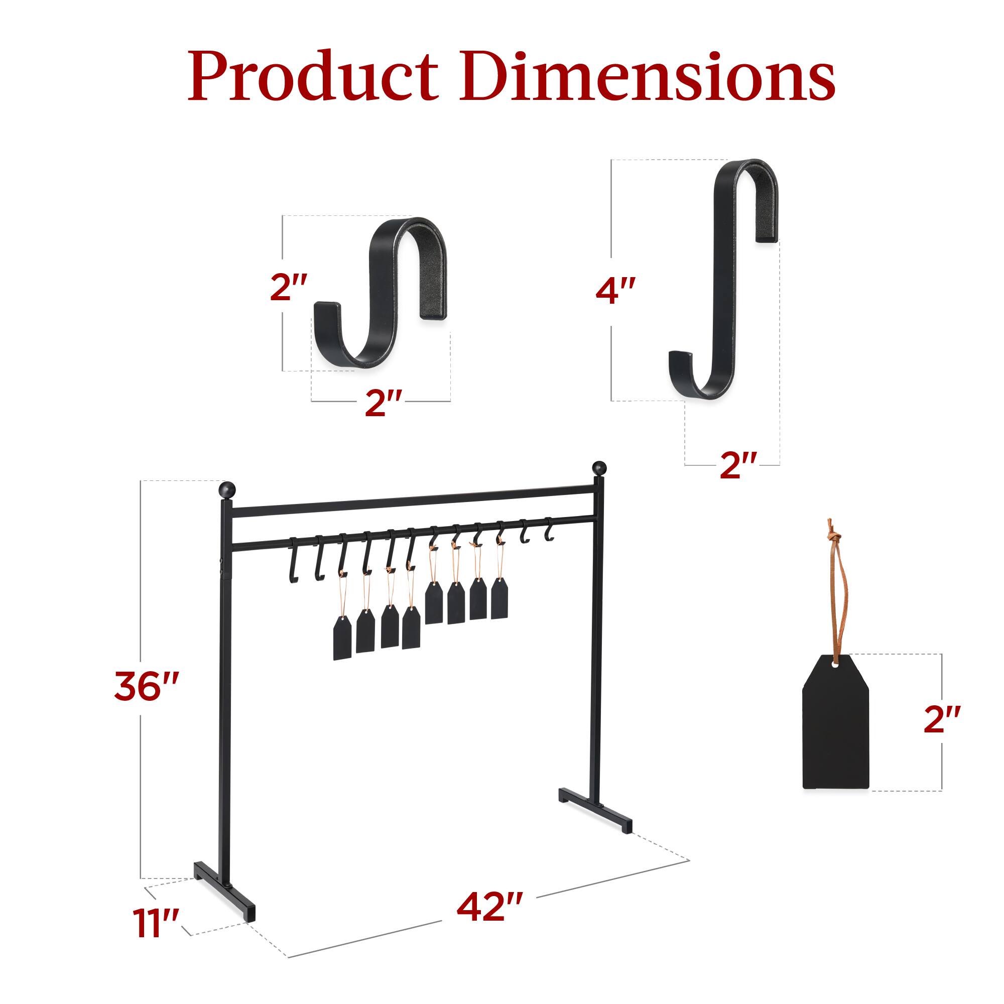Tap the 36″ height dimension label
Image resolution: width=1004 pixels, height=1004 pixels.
(x=147, y=686)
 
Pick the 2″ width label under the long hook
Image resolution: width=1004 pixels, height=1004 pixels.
(x=738, y=465)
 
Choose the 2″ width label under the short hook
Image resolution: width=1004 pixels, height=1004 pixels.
(x=384, y=403)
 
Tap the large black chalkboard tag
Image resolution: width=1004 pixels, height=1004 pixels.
(x=836, y=733)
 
